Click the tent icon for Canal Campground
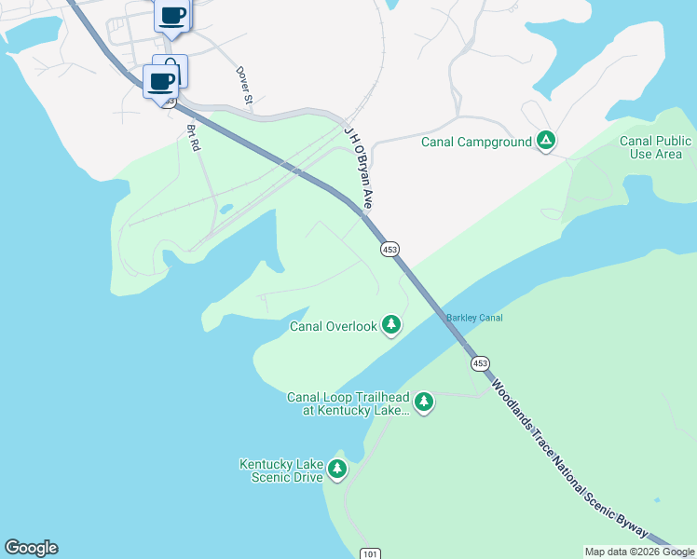pyautogui.click(x=546, y=142)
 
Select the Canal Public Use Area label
pyautogui.click(x=656, y=147)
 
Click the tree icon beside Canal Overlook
pyautogui.click(x=392, y=325)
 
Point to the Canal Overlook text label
pyautogui.click(x=333, y=326)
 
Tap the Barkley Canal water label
pyautogui.click(x=474, y=318)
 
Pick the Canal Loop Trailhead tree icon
pyautogui.click(x=424, y=402)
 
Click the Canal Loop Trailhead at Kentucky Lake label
pyautogui.click(x=348, y=403)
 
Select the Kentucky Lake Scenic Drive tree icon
pyautogui.click(x=337, y=470)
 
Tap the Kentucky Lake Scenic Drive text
pyautogui.click(x=280, y=470)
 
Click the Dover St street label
pyautogui.click(x=245, y=84)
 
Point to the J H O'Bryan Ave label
pyautogui.click(x=359, y=168)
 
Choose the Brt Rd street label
pyautogui.click(x=194, y=138)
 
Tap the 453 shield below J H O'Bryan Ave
pyautogui.click(x=389, y=249)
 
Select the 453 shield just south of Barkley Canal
pyautogui.click(x=479, y=362)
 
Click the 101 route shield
pyautogui.click(x=371, y=553)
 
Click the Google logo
pyautogui.click(x=31, y=548)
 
